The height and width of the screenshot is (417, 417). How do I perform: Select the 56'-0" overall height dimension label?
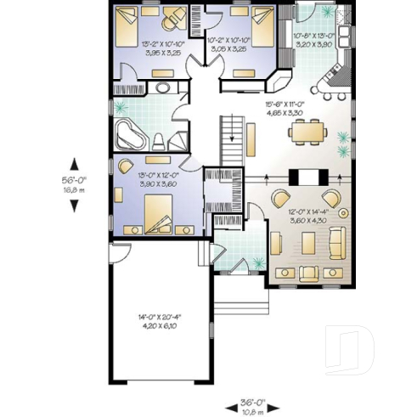coord(75,186)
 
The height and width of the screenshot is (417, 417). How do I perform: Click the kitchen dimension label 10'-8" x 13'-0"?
coord(313,40)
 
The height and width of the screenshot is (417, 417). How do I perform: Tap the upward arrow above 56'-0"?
coord(75,163)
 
